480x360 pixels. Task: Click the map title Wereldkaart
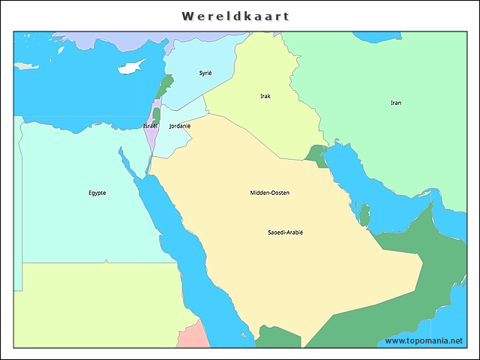tap(235, 16)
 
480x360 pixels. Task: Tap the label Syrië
tap(205, 73)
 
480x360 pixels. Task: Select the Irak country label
tap(265, 96)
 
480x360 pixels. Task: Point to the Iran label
tap(395, 103)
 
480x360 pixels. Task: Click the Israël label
tap(150, 126)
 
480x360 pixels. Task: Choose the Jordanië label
tap(180, 126)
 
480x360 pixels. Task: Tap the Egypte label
tap(97, 193)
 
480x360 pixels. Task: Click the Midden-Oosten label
tap(269, 193)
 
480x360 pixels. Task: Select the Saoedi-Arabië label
tap(285, 232)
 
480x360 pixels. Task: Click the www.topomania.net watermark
tap(424, 341)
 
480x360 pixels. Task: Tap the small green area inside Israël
tap(156, 115)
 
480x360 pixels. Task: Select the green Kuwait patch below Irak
tap(317, 155)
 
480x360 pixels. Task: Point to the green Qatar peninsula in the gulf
tap(364, 216)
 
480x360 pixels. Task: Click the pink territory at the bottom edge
tap(197, 337)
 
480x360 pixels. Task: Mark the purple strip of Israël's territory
tap(151, 139)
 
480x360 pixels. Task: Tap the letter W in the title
tap(187, 16)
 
